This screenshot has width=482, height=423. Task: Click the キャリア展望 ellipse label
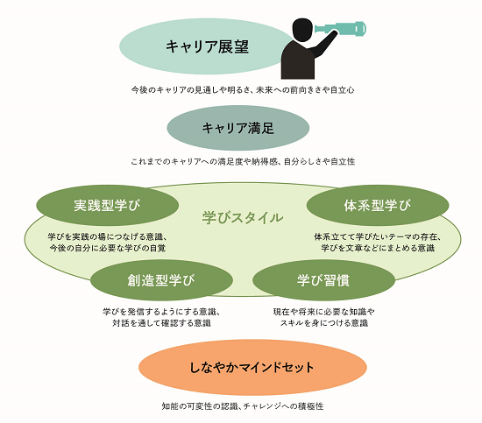point(207,46)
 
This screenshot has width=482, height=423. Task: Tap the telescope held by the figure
point(340,28)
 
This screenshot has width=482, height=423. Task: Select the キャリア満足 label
point(237,128)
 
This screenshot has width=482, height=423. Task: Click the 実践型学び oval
point(107,205)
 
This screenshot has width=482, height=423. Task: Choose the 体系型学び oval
point(378,205)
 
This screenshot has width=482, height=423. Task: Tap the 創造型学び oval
point(161,280)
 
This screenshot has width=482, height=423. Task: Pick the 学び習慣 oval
point(323,280)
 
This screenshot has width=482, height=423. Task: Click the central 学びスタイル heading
point(243,217)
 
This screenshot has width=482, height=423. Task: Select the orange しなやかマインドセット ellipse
point(252,367)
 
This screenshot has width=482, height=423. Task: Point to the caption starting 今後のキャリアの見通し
point(243,90)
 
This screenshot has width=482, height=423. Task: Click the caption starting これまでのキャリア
point(243,162)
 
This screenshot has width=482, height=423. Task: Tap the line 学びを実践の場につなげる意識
point(108,236)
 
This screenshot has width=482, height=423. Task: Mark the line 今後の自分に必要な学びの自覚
point(108,248)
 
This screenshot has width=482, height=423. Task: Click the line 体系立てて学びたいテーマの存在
point(378,236)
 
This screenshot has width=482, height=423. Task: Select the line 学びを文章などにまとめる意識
point(378,248)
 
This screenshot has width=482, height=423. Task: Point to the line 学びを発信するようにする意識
point(161,312)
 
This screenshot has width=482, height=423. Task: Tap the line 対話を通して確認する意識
point(161,323)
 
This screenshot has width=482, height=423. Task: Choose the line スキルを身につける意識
point(323,323)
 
